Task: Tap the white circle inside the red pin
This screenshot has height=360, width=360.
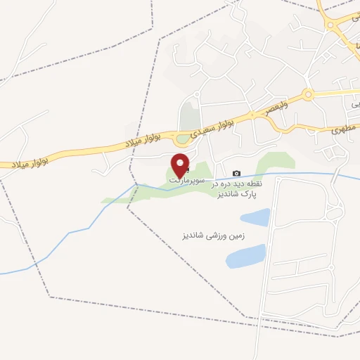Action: click(x=181, y=161)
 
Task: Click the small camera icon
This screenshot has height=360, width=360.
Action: click(x=236, y=173)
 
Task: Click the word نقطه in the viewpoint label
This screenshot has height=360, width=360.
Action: click(x=254, y=183)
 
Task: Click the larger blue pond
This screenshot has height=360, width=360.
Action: click(x=246, y=256)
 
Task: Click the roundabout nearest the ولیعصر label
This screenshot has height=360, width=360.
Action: click(x=307, y=95)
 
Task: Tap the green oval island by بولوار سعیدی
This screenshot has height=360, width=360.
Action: click(x=183, y=139)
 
